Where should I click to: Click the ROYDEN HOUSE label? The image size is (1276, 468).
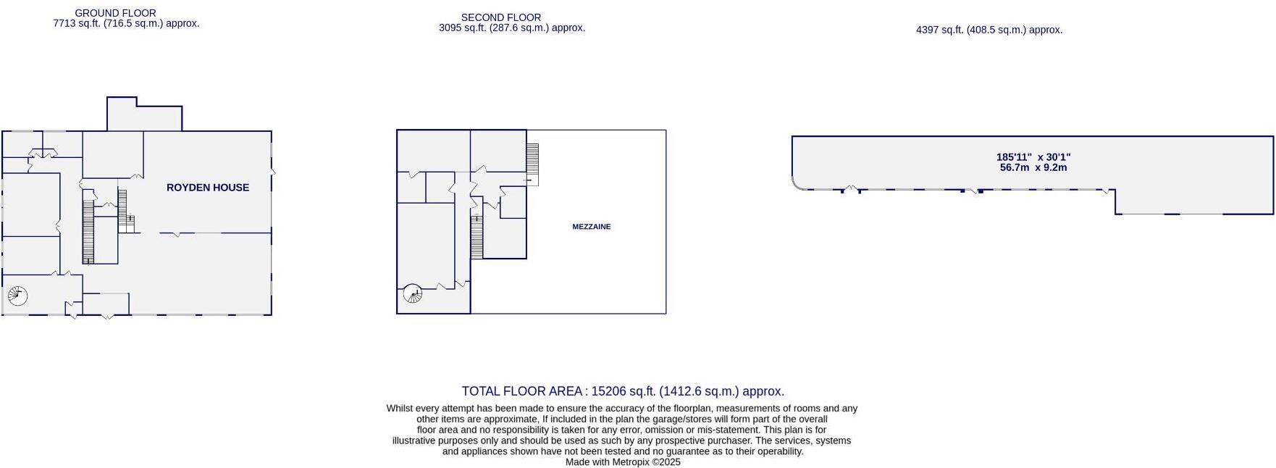208,188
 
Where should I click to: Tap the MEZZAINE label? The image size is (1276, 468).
592,227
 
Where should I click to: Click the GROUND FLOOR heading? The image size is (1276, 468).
115,13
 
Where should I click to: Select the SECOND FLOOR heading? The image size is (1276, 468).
501,17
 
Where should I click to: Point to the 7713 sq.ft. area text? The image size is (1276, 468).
126,23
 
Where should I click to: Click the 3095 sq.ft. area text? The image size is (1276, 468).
512,28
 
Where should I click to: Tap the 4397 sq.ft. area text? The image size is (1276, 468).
989,30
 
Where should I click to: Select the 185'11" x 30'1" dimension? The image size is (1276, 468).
1033,157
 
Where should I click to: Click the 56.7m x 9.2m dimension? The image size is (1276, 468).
1033,167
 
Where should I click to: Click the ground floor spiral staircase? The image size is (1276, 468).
17,296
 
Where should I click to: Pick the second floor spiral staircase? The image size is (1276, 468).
412,293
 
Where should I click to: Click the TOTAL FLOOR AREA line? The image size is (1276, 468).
623,391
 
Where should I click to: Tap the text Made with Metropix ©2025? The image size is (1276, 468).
623,462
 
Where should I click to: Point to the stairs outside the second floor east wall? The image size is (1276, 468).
532,163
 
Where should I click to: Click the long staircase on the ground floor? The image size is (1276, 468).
88,230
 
